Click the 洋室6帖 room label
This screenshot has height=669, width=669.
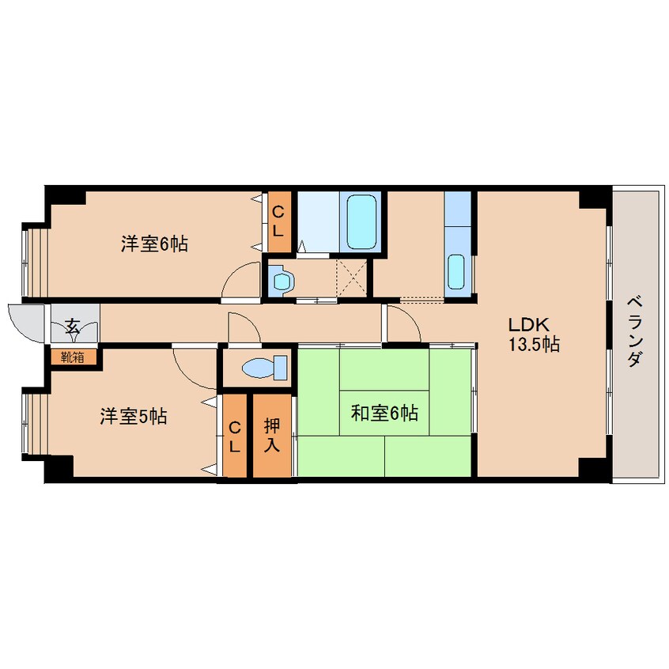tap(154, 244)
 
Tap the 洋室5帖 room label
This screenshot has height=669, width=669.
tap(134, 416)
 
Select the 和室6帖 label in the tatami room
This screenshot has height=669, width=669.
tap(384, 413)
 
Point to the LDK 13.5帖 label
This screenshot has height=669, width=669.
tap(534, 334)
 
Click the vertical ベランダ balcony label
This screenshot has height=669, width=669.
tap(635, 331)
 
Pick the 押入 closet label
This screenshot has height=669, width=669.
tap(272, 435)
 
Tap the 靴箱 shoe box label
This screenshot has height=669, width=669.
tap(73, 357)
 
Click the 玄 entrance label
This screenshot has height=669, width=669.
tap(73, 327)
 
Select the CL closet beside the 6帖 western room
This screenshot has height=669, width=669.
tap(279, 221)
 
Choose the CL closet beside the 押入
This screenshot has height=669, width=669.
tap(235, 436)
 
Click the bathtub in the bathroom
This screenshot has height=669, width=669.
tap(362, 221)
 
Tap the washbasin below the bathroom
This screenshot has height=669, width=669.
tap(282, 282)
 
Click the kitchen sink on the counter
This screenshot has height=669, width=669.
tap(456, 271)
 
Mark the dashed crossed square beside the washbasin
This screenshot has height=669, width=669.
tap(352, 278)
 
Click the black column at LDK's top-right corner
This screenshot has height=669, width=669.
tap(595, 197)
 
